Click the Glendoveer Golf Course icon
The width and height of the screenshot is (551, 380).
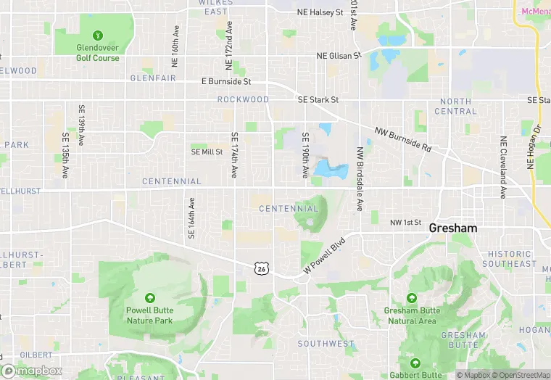pos(97,35)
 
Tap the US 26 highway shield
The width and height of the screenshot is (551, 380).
pos(261,268)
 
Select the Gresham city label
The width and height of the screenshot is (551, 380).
pos(453,228)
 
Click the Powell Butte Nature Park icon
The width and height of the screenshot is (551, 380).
pos(150,298)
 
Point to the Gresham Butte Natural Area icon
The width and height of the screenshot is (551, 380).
pos(412,298)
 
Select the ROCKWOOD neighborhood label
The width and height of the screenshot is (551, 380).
pos(243,99)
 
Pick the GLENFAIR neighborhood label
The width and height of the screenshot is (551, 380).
pos(154,78)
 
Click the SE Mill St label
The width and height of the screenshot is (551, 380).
pos(207,152)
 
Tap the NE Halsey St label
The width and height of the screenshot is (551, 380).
pos(320,12)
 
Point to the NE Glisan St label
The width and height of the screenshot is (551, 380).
pos(339,56)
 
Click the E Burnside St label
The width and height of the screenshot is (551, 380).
pos(225,82)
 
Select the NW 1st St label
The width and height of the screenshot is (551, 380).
pos(405,223)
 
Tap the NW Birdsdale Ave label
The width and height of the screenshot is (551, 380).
pos(359,178)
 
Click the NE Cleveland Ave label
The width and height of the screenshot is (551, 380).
pos(502,167)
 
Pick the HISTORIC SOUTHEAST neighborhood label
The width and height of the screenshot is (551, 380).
pos(511,259)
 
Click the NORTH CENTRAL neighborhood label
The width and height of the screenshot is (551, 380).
pos(455,107)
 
